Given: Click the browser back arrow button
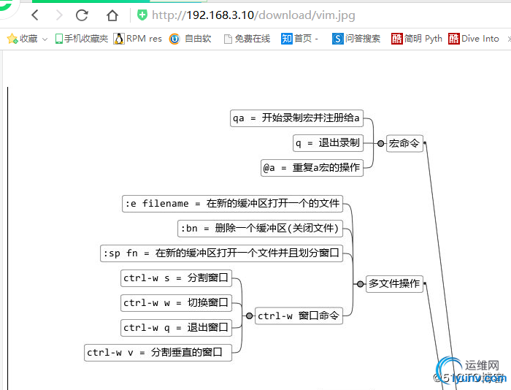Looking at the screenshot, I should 34,15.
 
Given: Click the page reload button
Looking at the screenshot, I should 82,15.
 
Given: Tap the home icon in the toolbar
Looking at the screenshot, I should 112,15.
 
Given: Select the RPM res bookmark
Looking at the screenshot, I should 138,39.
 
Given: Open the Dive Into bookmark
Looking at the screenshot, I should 474,39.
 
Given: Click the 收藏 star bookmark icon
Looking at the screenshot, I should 12,39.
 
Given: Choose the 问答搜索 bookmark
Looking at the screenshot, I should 356,39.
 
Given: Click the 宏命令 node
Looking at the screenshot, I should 404,143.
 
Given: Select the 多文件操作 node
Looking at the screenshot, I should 394,283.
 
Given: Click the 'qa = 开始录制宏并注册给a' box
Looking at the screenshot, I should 296,118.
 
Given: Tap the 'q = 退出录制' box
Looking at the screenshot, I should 328,142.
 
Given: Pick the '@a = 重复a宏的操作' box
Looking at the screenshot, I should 312,167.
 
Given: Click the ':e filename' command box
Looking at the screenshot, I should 232,204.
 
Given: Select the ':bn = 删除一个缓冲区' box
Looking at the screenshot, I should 261,229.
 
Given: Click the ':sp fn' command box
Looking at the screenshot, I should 221,253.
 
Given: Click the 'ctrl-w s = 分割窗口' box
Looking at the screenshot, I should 176,278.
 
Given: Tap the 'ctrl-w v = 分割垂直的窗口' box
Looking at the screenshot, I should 158,353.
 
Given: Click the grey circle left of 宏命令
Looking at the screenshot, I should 380,144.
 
